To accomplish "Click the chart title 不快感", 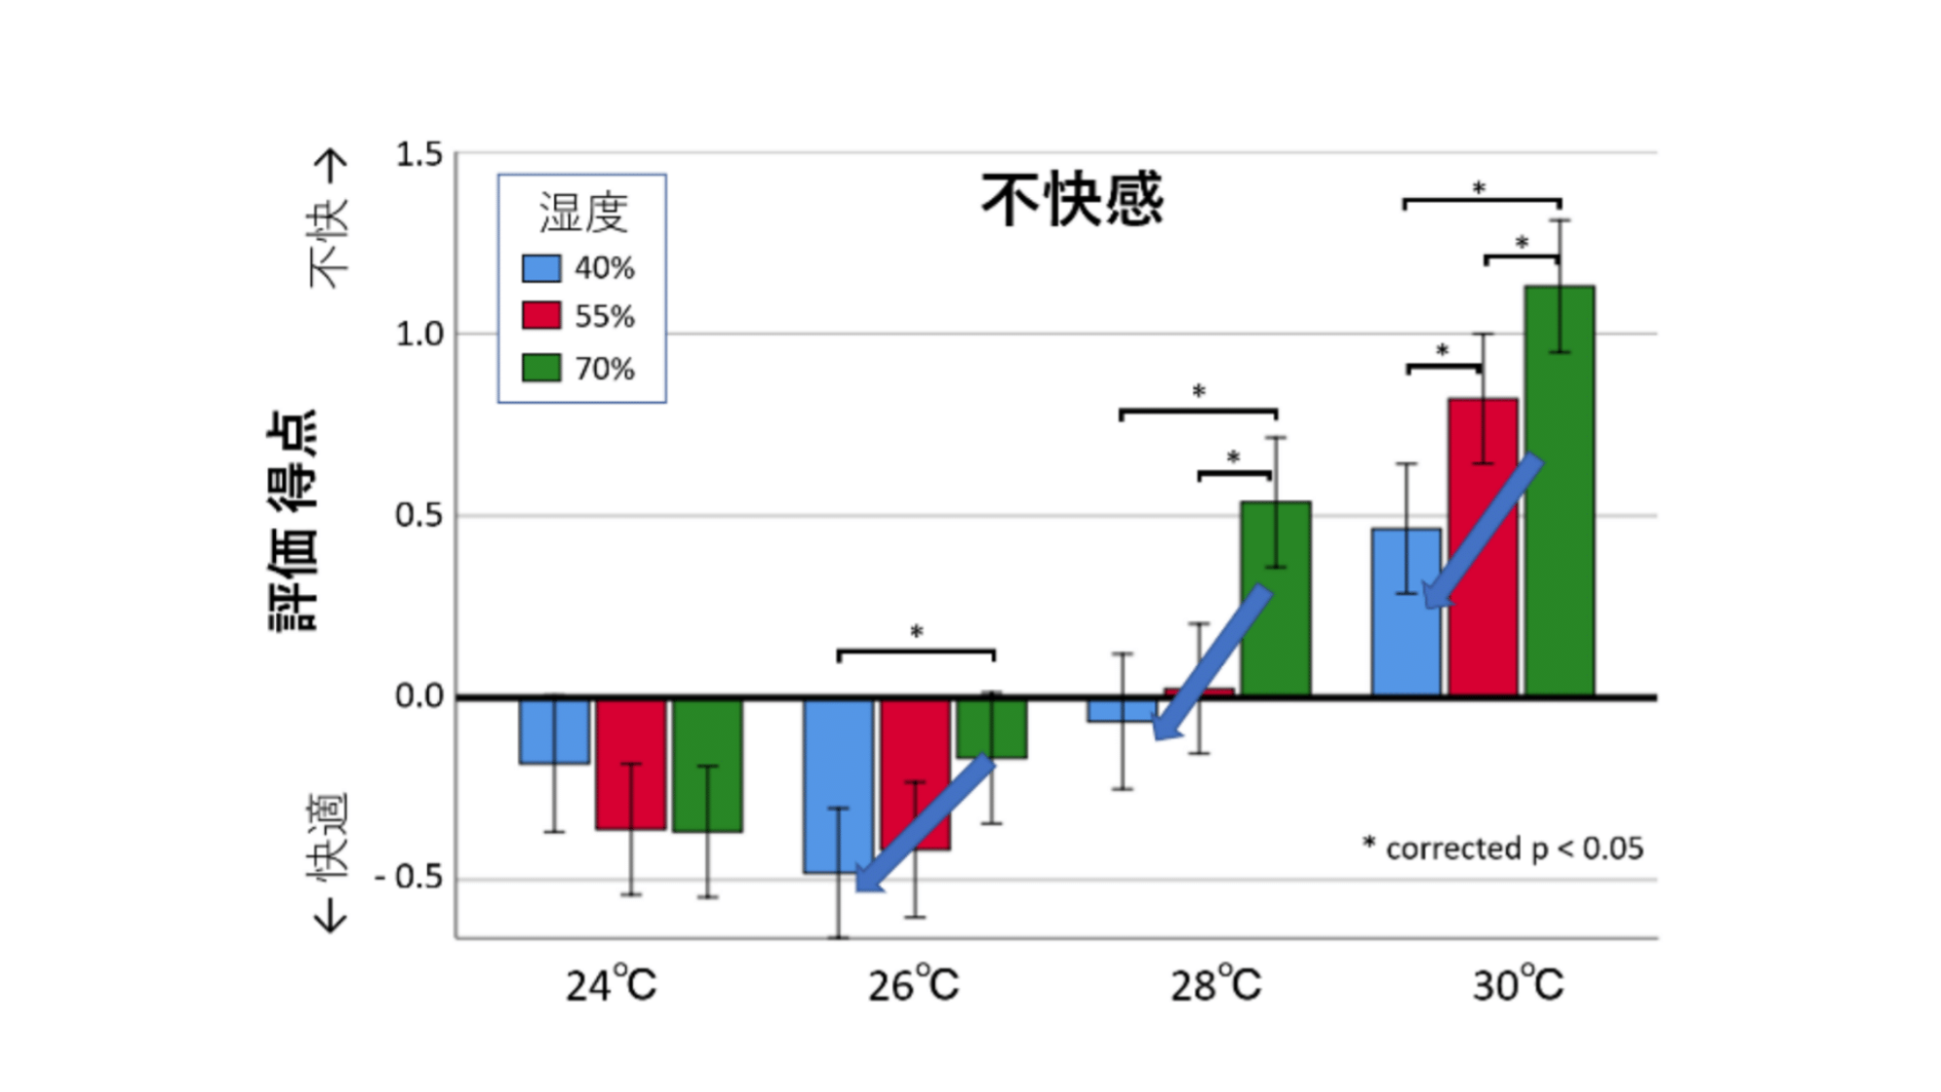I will point(1072,200).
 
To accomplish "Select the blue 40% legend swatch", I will point(541,268).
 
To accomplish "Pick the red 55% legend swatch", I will point(541,315).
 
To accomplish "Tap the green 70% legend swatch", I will point(541,368).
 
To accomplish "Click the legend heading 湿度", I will point(584,213).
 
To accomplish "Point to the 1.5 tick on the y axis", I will point(418,154).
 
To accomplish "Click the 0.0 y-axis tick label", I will point(418,696).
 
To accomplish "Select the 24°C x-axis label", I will point(611,985).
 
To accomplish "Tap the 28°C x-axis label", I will point(1215,985).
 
